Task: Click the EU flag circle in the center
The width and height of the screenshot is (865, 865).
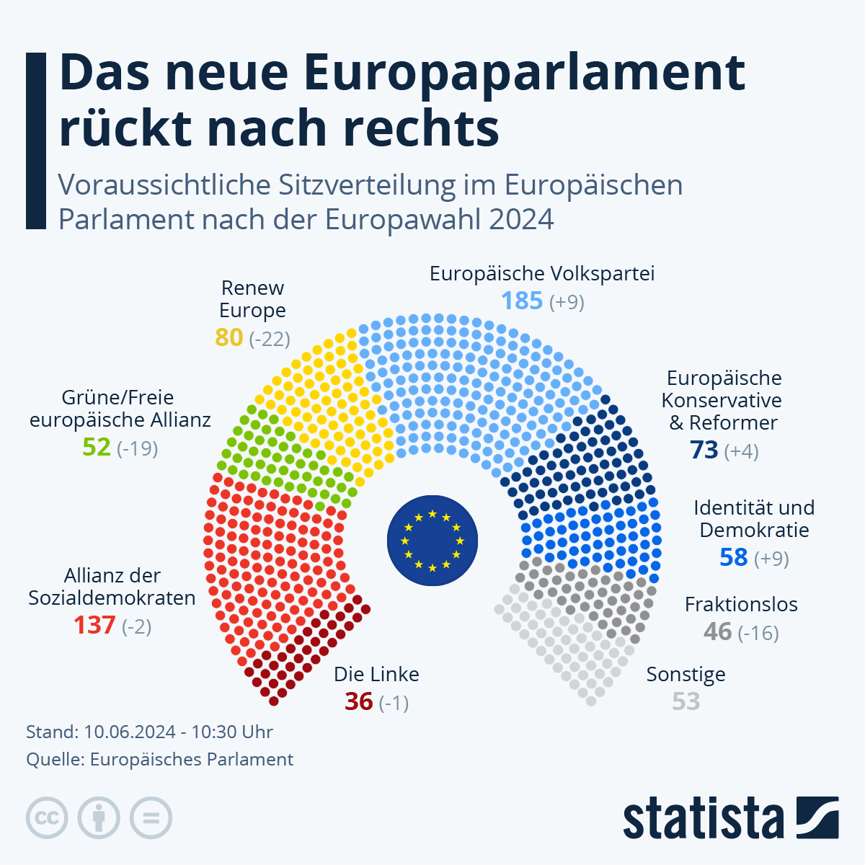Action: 432,541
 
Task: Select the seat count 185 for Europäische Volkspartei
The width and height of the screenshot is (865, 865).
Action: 522,301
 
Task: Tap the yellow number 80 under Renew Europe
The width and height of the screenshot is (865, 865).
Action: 229,337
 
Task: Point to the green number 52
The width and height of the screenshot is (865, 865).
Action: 97,448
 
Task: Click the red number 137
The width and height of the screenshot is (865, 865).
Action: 94,625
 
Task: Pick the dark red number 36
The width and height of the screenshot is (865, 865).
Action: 359,701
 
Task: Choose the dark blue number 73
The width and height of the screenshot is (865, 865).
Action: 704,450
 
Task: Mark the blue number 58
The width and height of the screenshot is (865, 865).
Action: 734,558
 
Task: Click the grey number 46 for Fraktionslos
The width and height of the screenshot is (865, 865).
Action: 718,632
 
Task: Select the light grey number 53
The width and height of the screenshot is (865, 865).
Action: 686,701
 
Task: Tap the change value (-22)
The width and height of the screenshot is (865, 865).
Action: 270,338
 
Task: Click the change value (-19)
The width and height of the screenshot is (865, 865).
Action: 137,448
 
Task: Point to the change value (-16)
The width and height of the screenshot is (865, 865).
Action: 759,633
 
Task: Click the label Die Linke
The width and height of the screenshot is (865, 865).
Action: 376,674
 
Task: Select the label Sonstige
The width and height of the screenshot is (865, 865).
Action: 686,674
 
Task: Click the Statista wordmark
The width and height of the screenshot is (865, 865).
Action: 704,819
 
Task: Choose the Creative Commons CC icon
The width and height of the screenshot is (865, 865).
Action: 47,818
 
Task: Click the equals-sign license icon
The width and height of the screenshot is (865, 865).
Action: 151,818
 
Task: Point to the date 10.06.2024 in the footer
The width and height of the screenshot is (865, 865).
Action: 130,732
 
